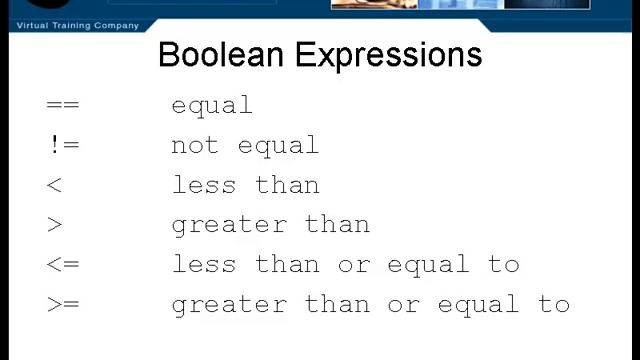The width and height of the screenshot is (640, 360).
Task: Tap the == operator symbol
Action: click(x=62, y=105)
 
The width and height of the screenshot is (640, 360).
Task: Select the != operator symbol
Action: click(x=62, y=145)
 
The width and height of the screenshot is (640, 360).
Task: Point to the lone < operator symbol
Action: click(x=54, y=185)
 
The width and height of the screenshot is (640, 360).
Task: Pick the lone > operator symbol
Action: click(x=54, y=225)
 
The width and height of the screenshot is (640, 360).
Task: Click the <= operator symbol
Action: click(x=62, y=265)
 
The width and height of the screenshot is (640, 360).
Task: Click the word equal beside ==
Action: click(x=212, y=105)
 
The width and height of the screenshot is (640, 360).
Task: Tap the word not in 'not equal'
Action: click(x=195, y=145)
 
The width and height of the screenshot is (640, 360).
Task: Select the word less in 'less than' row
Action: click(x=204, y=185)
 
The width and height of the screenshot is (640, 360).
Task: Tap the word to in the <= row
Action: click(x=504, y=265)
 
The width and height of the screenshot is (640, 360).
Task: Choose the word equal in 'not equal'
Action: click(x=279, y=145)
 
